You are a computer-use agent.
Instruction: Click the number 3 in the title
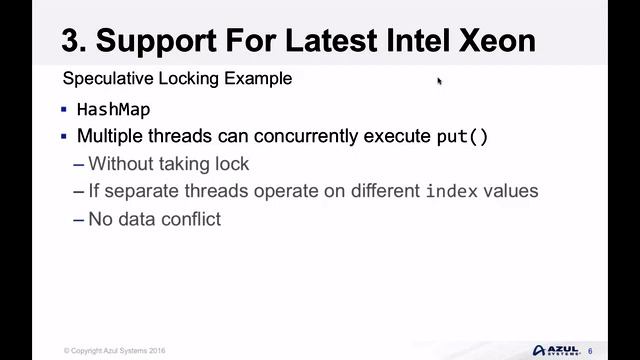coord(72,40)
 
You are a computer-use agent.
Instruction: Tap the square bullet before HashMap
coord(64,110)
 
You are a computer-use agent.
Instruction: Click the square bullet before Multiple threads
coord(64,137)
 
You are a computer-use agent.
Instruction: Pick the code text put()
coord(462,137)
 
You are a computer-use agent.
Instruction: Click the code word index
coord(451,191)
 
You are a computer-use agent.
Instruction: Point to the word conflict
coord(189,218)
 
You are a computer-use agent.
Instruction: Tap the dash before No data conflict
coord(79,218)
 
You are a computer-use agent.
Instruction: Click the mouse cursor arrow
coord(439,82)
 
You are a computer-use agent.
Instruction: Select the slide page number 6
coord(590,350)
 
